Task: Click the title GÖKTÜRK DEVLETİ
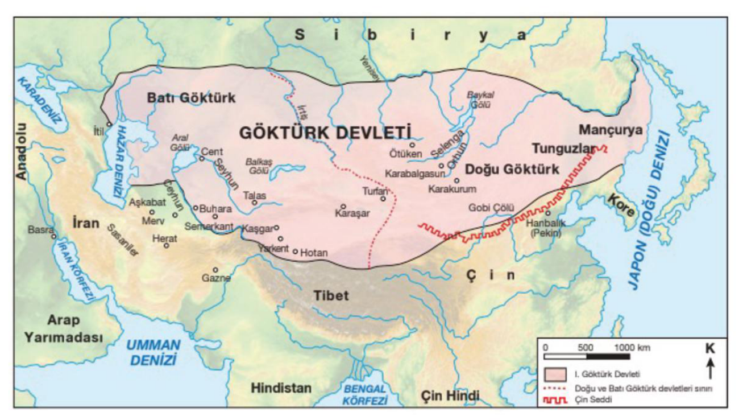(x=325, y=132)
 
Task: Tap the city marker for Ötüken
(x=412, y=145)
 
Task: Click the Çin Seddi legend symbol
(x=555, y=401)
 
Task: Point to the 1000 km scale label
(x=632, y=348)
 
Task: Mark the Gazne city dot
(x=215, y=270)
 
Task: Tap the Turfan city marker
(x=384, y=199)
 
